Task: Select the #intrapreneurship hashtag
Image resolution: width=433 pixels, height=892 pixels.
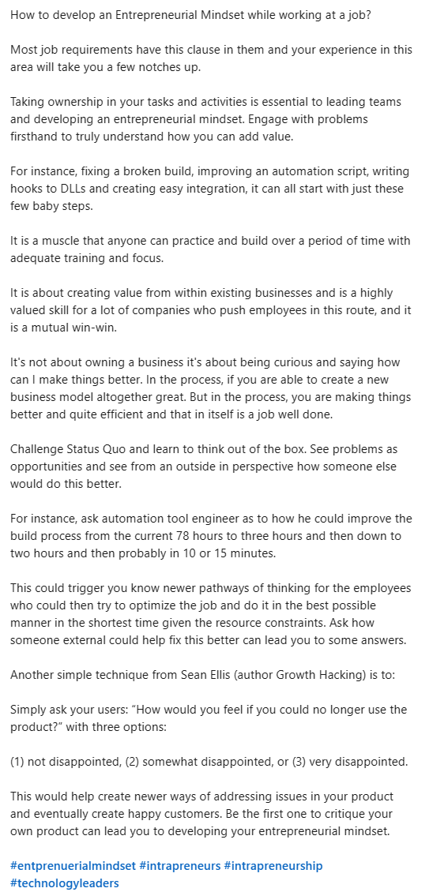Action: (x=273, y=866)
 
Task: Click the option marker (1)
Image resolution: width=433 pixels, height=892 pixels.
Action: (x=19, y=761)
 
